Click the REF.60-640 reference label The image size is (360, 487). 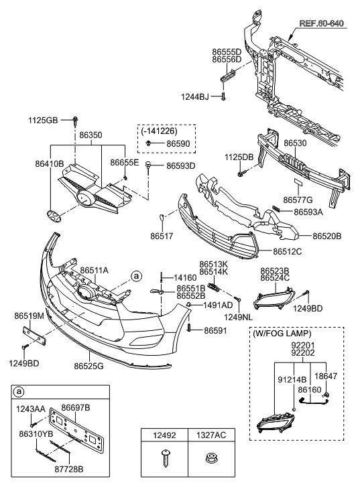click(x=321, y=23)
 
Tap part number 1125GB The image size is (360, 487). click(x=43, y=120)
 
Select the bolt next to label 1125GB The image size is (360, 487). click(x=75, y=121)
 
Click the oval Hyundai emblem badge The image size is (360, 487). click(x=54, y=216)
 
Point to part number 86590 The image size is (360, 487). click(x=178, y=144)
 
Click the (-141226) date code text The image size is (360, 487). click(x=159, y=131)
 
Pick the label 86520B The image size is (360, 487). click(x=326, y=236)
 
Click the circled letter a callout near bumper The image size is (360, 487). click(x=136, y=276)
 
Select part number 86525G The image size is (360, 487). click(x=88, y=366)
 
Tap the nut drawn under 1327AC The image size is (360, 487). click(x=211, y=458)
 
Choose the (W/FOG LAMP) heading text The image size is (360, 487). click(x=282, y=334)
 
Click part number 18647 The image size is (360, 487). click(x=326, y=376)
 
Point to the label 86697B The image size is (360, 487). click(x=76, y=407)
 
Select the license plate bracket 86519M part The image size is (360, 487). click(x=34, y=336)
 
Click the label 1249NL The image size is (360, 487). click(x=239, y=317)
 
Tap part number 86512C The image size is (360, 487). click(x=288, y=251)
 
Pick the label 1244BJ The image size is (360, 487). click(x=195, y=97)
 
